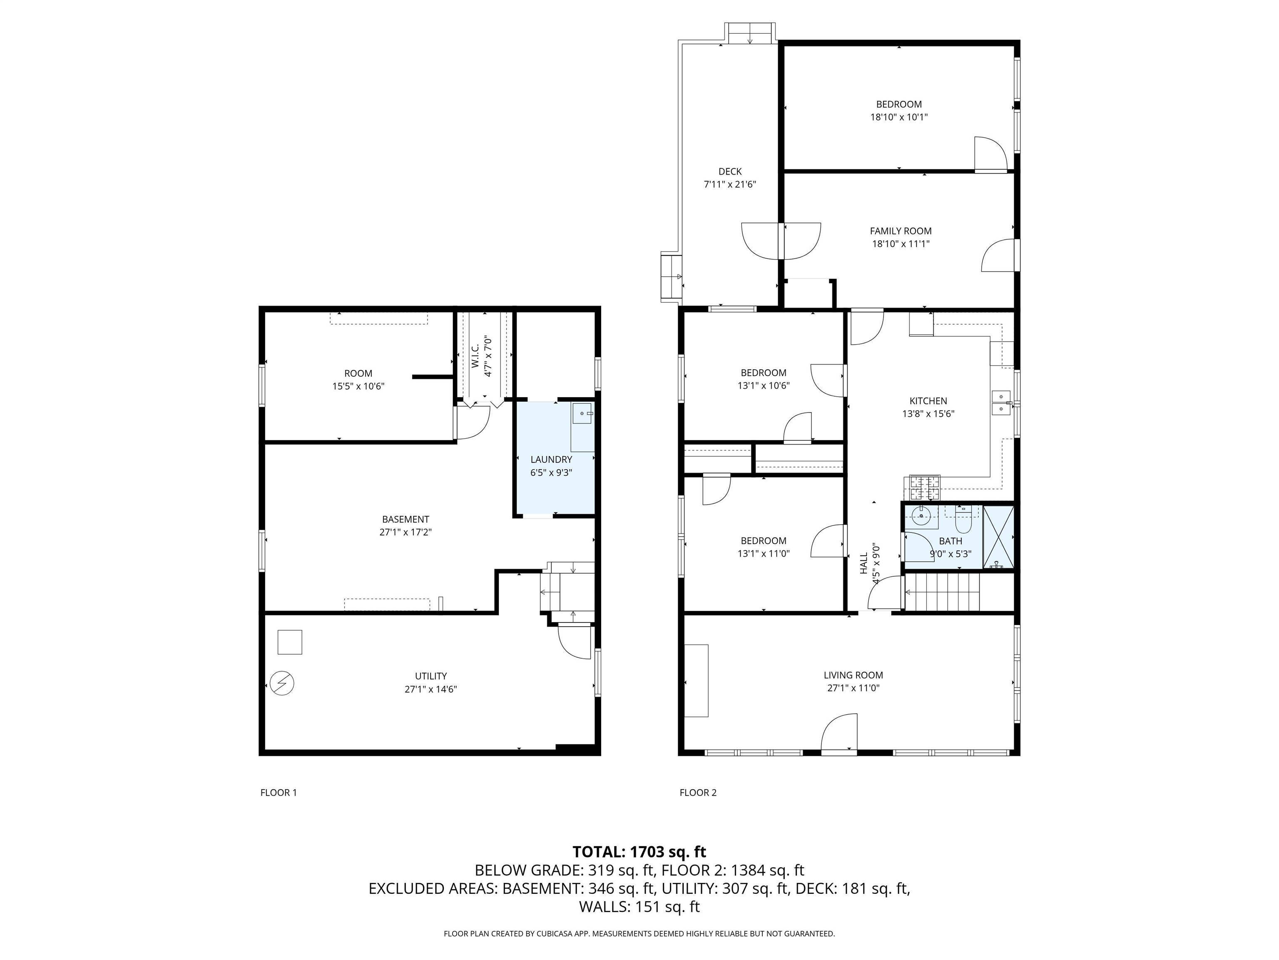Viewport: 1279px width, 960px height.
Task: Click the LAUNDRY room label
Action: pos(551,460)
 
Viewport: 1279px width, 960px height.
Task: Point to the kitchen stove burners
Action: pos(925,487)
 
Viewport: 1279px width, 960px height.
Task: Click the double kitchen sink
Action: pos(1000,403)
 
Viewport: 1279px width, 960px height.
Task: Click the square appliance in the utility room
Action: pos(290,642)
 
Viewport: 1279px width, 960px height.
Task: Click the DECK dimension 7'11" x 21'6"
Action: pos(730,185)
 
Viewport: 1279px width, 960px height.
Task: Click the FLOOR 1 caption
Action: pos(278,793)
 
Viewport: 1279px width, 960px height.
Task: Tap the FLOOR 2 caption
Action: pos(698,793)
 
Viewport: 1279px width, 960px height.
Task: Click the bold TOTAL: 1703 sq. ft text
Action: pos(639,852)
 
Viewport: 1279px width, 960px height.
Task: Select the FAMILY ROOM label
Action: pos(900,231)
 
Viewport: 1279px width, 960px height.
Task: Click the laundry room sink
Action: pos(582,414)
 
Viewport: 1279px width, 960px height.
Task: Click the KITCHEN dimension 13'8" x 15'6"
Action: pos(928,414)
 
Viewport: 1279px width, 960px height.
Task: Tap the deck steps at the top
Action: pos(750,34)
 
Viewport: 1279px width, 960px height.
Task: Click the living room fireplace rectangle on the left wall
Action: pos(696,680)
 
